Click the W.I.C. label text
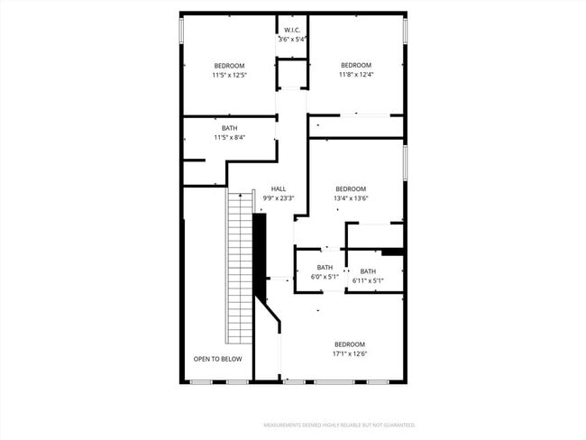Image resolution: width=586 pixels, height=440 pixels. [292, 31]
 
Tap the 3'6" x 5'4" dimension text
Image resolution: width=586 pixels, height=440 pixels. [292, 40]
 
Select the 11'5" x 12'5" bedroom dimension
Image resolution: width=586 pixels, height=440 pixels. [229, 75]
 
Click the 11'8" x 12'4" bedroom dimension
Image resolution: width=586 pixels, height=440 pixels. [356, 74]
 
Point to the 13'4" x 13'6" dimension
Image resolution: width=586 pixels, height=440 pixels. [351, 198]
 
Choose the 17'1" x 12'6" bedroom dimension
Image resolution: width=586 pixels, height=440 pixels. [350, 353]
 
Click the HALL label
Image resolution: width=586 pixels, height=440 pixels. [279, 188]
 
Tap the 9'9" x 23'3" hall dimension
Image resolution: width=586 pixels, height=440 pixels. [279, 198]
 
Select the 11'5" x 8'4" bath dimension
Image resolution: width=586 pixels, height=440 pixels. [229, 138]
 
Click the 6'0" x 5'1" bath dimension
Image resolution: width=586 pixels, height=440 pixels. [325, 277]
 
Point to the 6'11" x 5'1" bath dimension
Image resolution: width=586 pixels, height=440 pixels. [368, 280]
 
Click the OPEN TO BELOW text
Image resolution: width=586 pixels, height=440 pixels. [217, 359]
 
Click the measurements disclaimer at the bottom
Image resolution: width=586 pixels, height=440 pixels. [339, 424]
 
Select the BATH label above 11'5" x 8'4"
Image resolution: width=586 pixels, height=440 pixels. [229, 128]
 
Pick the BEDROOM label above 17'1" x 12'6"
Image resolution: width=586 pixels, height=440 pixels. [350, 344]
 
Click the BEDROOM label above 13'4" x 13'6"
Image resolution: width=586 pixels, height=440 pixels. [351, 188]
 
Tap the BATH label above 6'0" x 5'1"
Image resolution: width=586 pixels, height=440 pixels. [325, 267]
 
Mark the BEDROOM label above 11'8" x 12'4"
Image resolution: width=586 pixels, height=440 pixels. [356, 65]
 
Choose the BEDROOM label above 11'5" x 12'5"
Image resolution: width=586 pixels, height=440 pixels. [229, 65]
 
